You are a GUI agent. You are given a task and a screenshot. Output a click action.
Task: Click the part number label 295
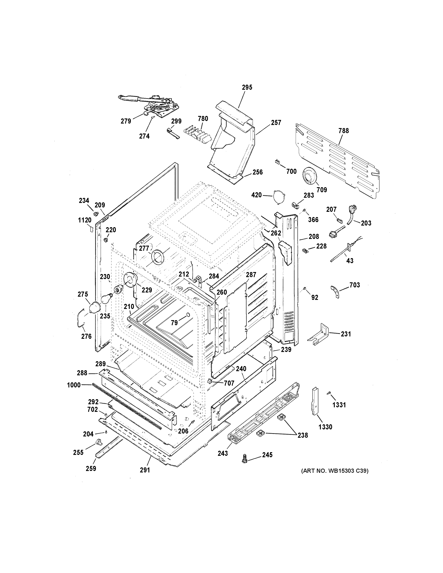(x=247, y=87)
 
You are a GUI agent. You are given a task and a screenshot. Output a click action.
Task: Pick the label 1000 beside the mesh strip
(x=74, y=385)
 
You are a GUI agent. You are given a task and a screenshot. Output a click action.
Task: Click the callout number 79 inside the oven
(x=174, y=323)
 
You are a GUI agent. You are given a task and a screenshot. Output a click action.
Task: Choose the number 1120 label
(x=85, y=220)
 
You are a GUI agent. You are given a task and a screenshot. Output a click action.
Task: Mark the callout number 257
(x=276, y=122)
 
